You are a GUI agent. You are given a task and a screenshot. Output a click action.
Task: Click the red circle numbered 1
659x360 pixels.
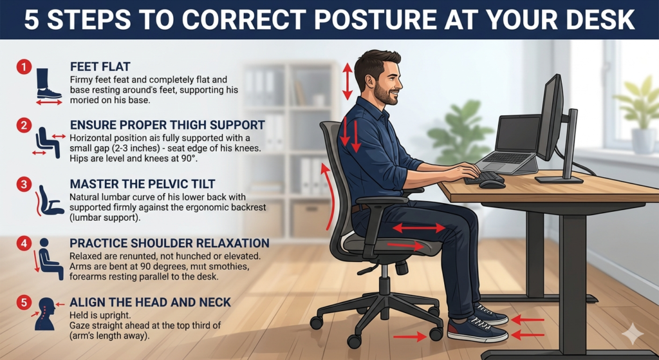(x=24, y=67)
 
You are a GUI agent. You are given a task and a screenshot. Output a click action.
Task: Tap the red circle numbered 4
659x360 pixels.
(x=24, y=243)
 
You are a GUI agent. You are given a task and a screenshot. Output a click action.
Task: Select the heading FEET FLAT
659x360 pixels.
(x=100, y=67)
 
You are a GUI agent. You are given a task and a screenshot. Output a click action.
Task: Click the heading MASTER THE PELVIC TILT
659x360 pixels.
(x=142, y=184)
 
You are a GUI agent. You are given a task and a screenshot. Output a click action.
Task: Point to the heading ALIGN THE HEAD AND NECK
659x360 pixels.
(x=150, y=302)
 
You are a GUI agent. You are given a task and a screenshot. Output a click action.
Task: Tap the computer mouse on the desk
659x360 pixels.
(x=491, y=184)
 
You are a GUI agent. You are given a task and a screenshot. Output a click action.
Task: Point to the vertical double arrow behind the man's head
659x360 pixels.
(x=347, y=82)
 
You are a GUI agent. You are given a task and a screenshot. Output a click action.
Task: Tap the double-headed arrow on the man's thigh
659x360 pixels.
(x=418, y=228)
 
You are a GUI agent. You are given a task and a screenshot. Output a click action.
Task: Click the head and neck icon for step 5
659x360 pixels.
(x=46, y=314)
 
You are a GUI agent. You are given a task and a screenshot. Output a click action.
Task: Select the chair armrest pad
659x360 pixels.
(x=387, y=200)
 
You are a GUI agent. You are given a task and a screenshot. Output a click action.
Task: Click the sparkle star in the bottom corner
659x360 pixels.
(x=632, y=334)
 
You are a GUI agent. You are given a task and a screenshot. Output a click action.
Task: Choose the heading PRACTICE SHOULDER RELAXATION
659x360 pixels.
(x=169, y=243)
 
